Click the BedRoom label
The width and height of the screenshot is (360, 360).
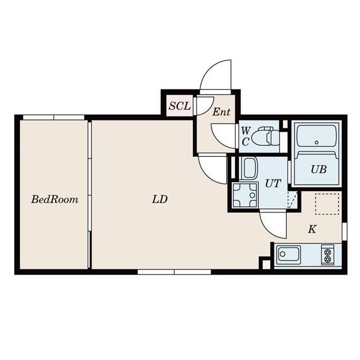pos(55,199)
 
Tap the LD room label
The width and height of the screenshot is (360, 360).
pos(160,199)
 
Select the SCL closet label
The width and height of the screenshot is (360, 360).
pos(180,106)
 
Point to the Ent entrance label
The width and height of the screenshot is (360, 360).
pos(221,112)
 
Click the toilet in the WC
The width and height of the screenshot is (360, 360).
pos(265,136)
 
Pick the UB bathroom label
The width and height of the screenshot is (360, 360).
pos(319,169)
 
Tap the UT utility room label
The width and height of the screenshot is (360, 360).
pos(273,183)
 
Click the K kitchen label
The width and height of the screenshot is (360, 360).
pos(312,229)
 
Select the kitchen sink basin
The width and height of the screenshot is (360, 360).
pos(289,255)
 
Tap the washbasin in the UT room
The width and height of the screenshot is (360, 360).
pos(249,168)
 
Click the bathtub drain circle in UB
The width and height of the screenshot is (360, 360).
pos(317,142)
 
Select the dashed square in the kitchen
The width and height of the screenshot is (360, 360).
pos(327,204)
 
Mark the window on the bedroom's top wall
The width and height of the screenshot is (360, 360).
pos(54,118)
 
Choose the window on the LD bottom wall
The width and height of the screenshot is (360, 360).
pos(174,272)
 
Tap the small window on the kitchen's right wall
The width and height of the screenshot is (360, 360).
pos(344,231)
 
